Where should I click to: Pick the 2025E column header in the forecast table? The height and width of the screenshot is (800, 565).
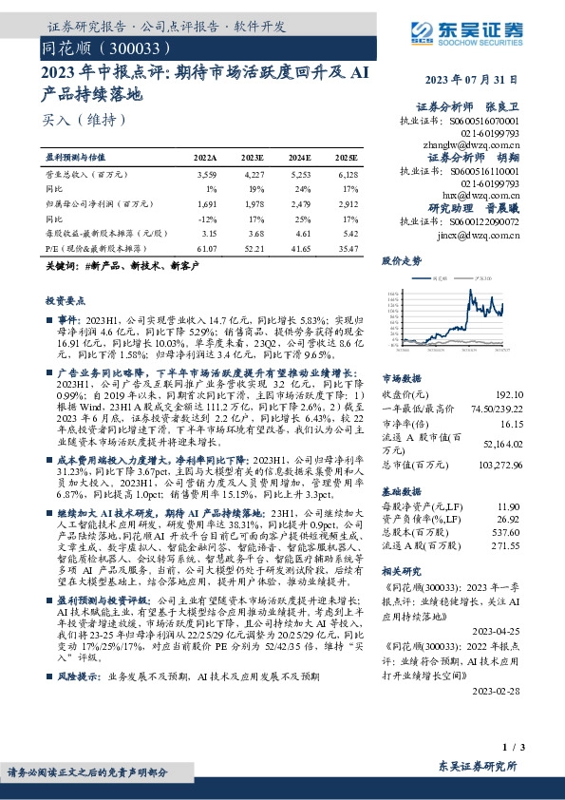pyautogui.click(x=347, y=157)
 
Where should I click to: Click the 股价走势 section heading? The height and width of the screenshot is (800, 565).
pyautogui.click(x=401, y=259)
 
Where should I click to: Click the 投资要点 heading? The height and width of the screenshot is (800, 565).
pyautogui.click(x=66, y=299)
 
